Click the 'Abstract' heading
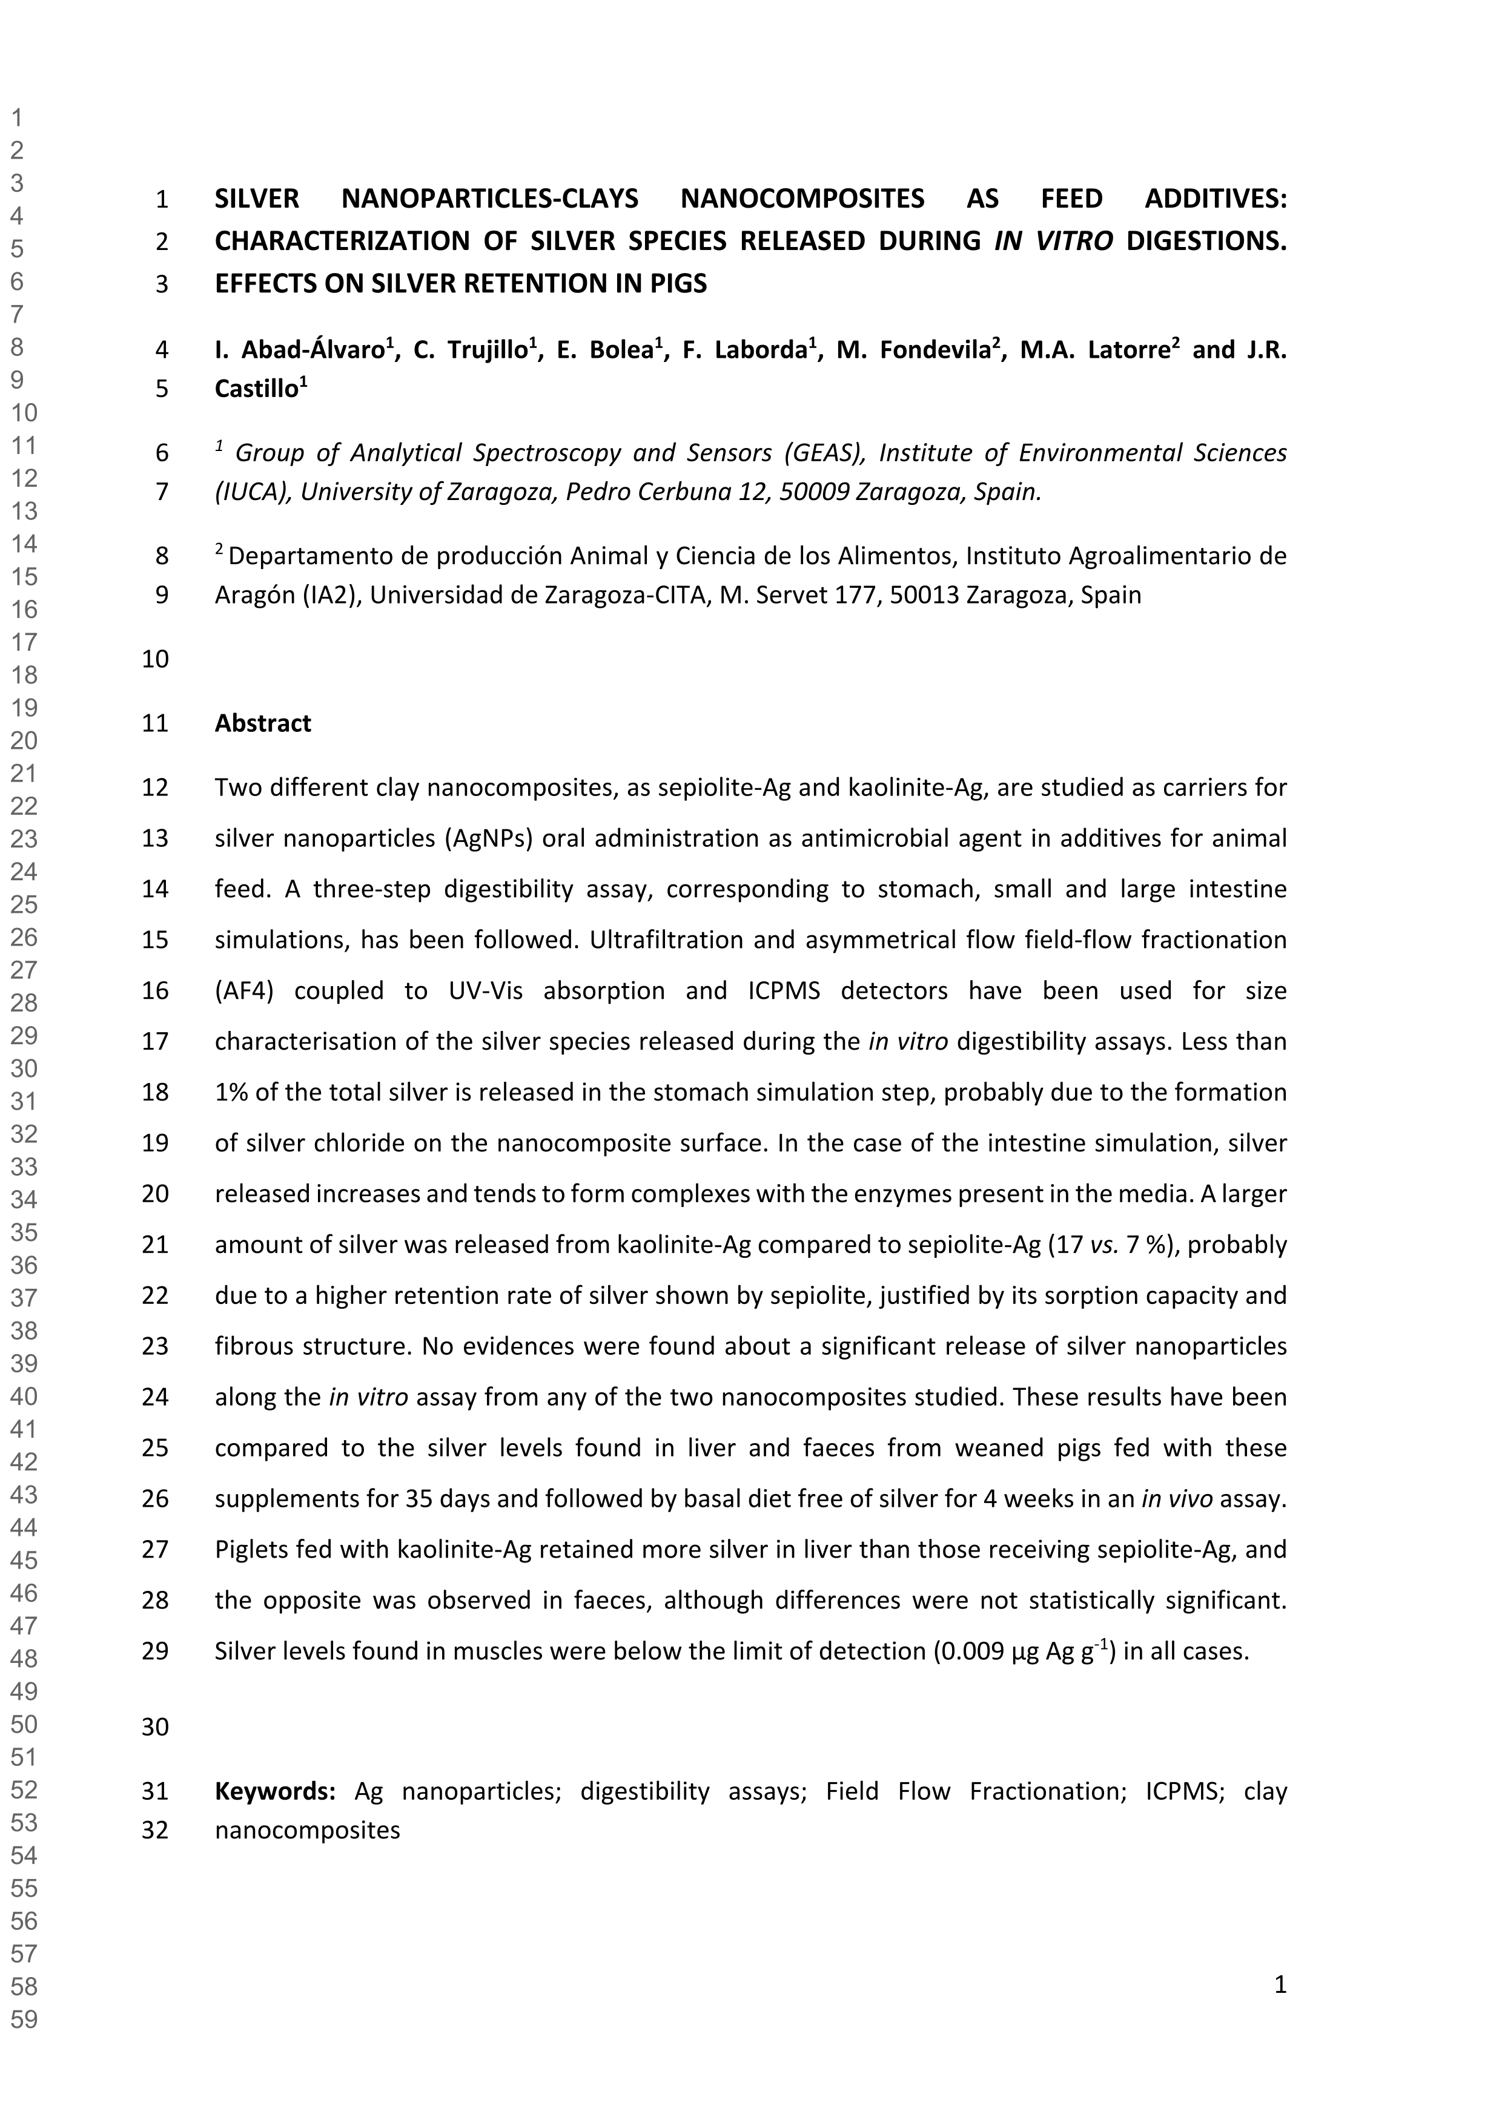263,723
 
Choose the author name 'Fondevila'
934,349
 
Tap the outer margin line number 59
24,2019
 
